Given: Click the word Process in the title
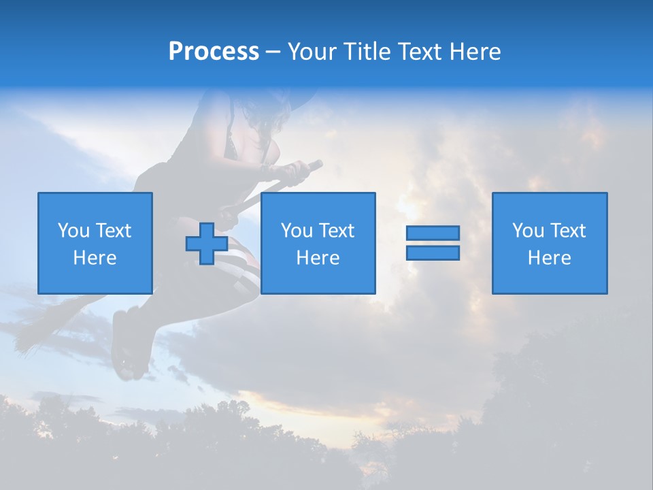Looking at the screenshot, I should [214, 52].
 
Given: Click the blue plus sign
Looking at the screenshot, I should [207, 244].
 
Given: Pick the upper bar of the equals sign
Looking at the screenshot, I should [433, 233].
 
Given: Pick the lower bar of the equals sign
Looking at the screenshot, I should [433, 253].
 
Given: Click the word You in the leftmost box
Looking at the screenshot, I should [73, 231].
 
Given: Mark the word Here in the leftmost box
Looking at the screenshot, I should [95, 258].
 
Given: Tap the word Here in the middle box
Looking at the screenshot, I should [318, 258].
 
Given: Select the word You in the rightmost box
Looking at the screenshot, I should [527, 231].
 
